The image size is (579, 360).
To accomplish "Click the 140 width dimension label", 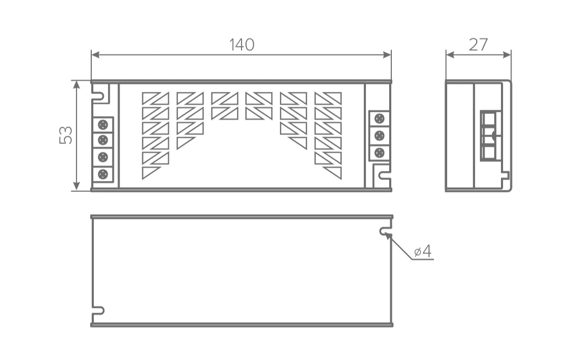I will pyautogui.click(x=242, y=45).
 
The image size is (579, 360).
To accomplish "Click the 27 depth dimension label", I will pyautogui.click(x=478, y=45).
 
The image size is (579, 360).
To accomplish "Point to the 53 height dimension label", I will pyautogui.click(x=66, y=135).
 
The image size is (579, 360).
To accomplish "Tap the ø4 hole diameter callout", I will pyautogui.click(x=422, y=252).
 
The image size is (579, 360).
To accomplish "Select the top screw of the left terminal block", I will pyautogui.click(x=103, y=124).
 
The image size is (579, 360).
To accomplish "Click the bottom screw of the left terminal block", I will pyautogui.click(x=103, y=174).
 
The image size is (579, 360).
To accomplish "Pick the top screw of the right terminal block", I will pyautogui.click(x=379, y=118).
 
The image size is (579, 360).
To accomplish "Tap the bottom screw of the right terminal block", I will pyautogui.click(x=379, y=153).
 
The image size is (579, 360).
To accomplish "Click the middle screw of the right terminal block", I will pyautogui.click(x=379, y=135).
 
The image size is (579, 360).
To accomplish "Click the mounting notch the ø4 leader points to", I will pyautogui.click(x=384, y=231).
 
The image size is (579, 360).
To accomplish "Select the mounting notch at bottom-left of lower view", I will pyautogui.click(x=99, y=310).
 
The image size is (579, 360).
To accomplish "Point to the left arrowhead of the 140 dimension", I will pyautogui.click(x=94, y=54).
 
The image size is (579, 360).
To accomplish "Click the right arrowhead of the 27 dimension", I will pyautogui.click(x=508, y=54).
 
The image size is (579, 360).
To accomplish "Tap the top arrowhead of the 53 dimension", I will pyautogui.click(x=76, y=83).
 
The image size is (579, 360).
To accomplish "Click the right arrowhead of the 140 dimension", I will pyautogui.click(x=388, y=54).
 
